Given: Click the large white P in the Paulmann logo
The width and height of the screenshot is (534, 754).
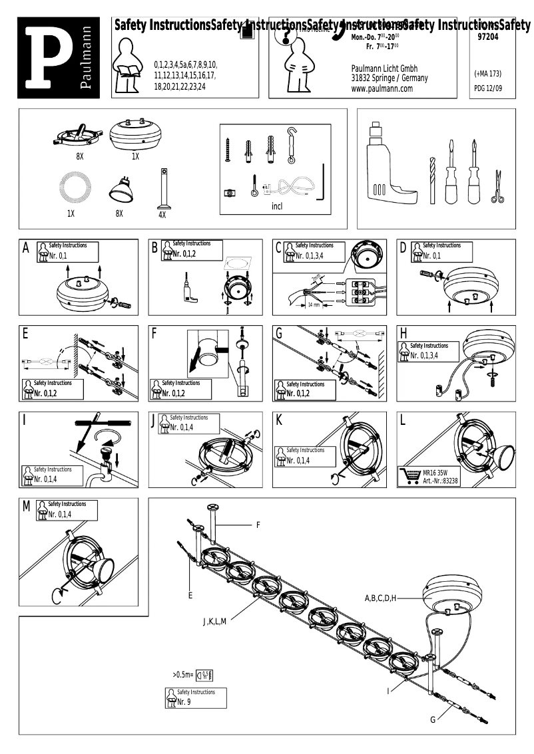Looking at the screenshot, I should pos(47,58).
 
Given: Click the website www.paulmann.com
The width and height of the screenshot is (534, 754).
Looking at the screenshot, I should pos(382,88).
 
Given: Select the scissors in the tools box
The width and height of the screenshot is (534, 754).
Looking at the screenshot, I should pos(496,187).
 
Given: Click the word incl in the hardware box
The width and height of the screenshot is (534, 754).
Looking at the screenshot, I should pos(277,206).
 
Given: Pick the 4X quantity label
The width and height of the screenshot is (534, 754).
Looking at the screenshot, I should pos(162,215).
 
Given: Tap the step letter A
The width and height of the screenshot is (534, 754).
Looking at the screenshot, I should pos(26,248).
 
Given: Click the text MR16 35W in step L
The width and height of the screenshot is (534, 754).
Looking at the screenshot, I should pos(436,472).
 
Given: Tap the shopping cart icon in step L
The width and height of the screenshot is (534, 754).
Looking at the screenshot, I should pos(409,475).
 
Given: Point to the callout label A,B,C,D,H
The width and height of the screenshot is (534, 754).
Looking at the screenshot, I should pos(380,598).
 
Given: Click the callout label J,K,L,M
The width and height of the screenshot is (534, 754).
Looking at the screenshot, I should pos(215,622).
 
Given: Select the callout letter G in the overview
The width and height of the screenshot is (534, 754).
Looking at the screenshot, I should pos(432,719).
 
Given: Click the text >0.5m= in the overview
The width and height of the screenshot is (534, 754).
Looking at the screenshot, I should pos(182,676).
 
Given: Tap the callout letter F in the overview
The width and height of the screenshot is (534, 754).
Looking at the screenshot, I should pos(258,525).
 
